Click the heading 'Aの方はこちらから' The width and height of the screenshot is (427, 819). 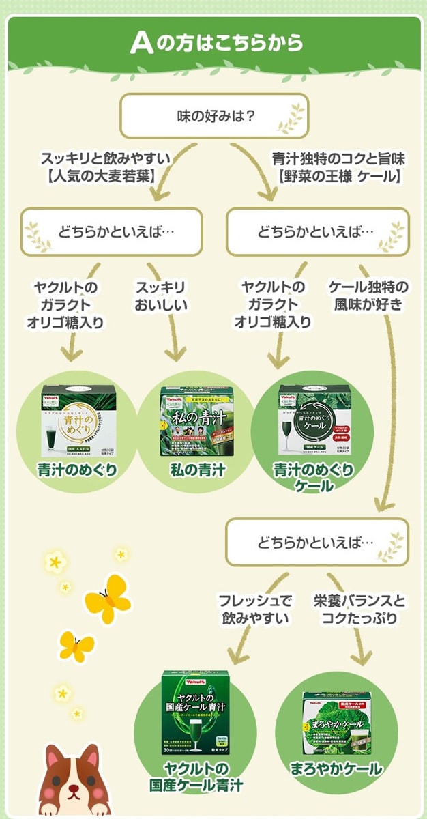pos(216,42)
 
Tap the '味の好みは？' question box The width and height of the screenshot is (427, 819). pos(213,115)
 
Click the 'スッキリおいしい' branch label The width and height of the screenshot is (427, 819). pos(160,296)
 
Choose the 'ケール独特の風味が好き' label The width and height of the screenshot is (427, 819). pos(368,296)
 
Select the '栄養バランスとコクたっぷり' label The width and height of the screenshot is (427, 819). pos(359,609)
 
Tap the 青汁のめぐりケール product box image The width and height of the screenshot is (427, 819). pos(314,420)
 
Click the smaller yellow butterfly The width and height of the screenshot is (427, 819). pos(76,644)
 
